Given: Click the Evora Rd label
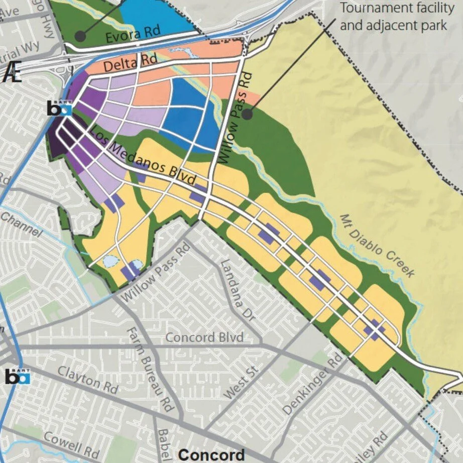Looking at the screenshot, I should [133, 35].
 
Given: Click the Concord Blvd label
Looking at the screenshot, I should [204, 337].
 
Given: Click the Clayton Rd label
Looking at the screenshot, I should [87, 379].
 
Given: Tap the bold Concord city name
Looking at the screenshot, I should [211, 454].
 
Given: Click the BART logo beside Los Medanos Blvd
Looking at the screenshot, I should [60, 108].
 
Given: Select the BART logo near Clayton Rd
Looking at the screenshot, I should [18, 376].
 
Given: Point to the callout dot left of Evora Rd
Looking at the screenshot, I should [79, 36].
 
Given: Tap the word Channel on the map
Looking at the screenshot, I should [21, 224].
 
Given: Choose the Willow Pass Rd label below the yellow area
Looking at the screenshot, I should [156, 271].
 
